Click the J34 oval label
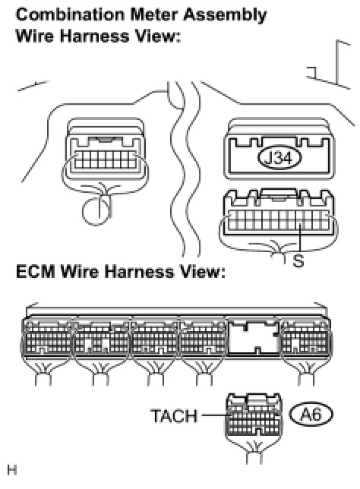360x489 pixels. (x=279, y=158)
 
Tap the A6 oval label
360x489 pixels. (x=311, y=415)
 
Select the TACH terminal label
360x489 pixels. (x=174, y=416)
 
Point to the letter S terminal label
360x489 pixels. (x=298, y=260)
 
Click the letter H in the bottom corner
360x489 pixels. (x=12, y=470)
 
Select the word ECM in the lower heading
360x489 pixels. (x=36, y=272)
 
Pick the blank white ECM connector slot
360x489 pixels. (x=253, y=338)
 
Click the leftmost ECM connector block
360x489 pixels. (x=47, y=339)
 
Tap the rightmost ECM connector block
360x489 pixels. (x=305, y=339)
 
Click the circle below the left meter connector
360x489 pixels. (x=96, y=210)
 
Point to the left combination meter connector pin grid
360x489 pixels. (x=105, y=159)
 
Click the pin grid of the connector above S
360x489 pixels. (x=278, y=220)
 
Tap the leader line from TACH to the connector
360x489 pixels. (x=216, y=415)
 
